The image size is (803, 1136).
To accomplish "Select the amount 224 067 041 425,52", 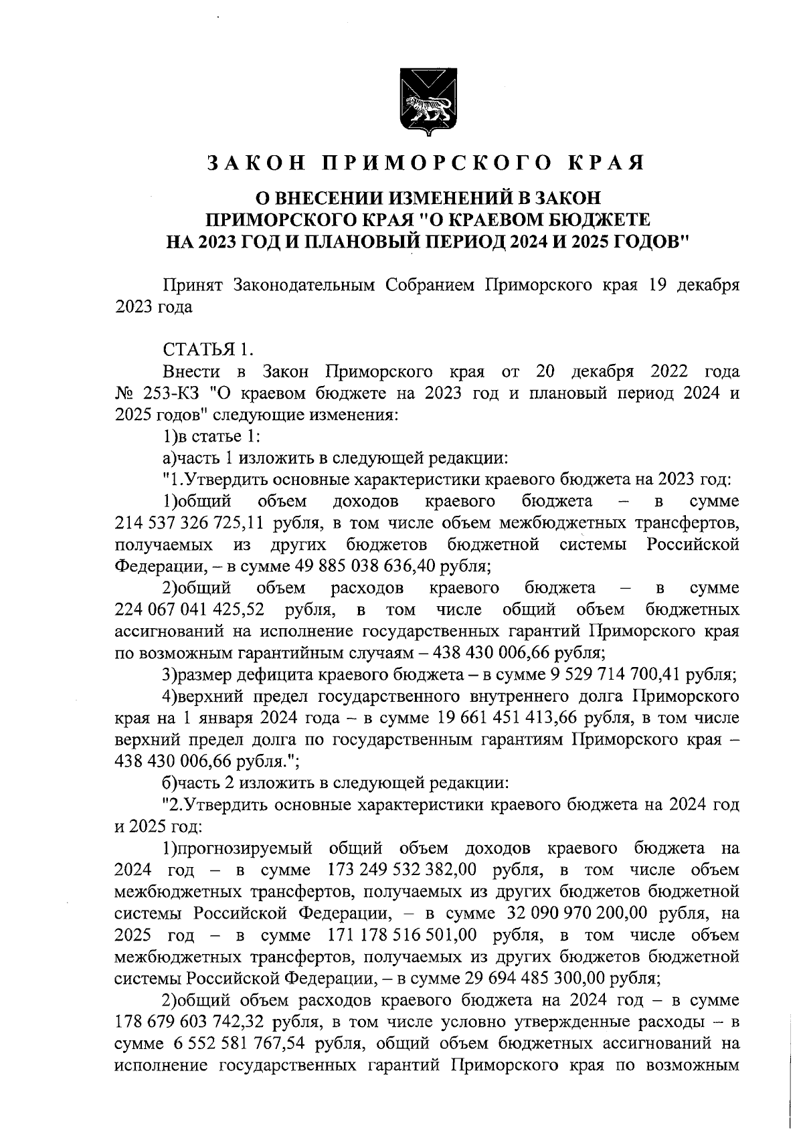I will pyautogui.click(x=189, y=610).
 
